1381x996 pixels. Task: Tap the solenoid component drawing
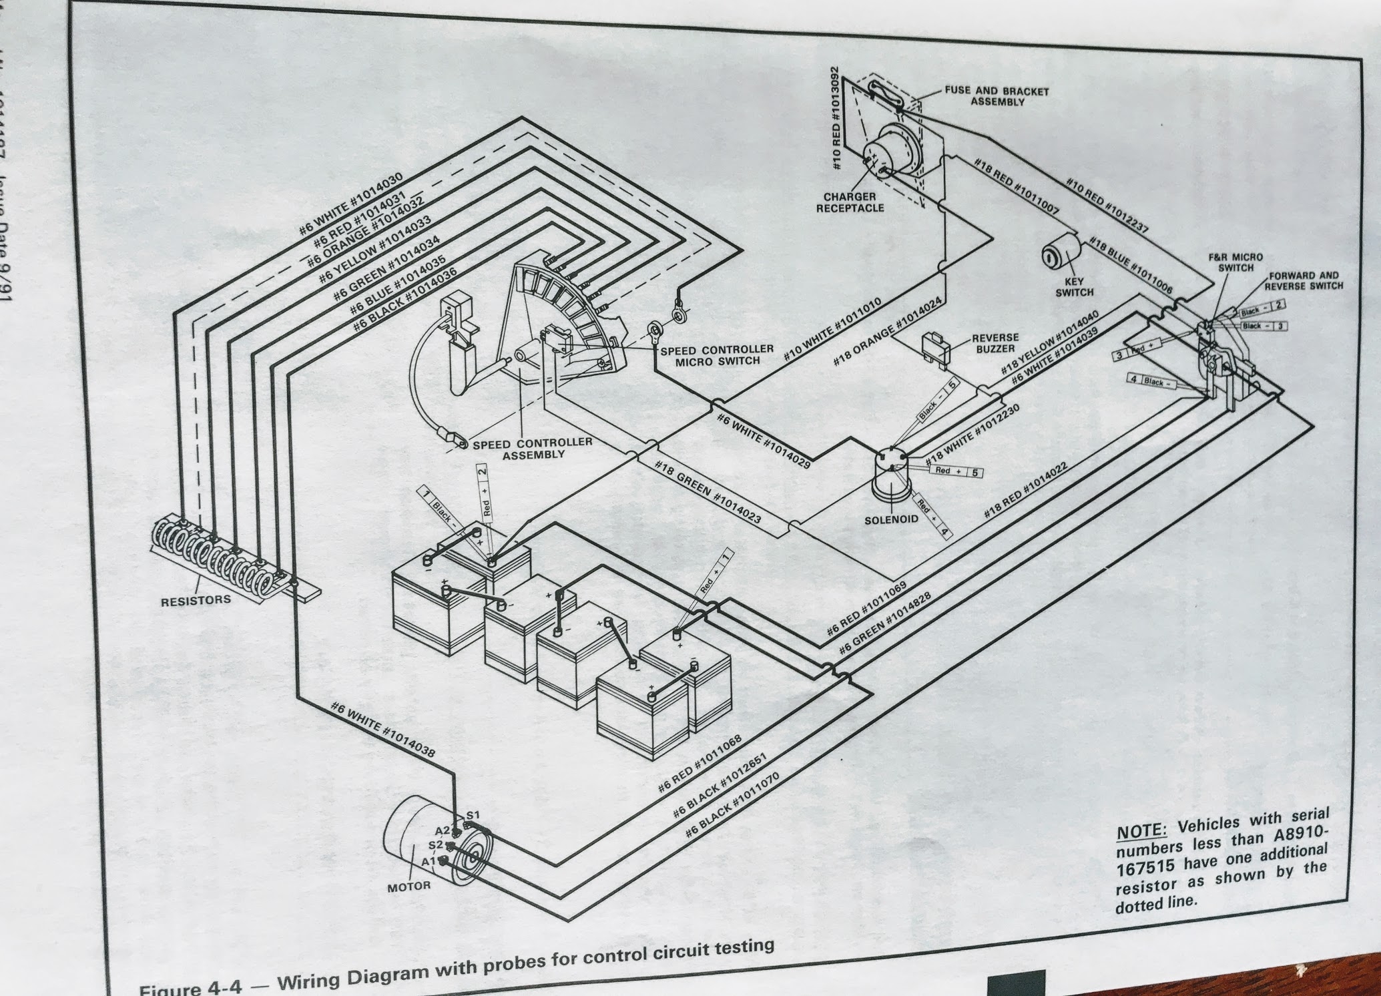click(892, 477)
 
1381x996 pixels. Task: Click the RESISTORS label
click(196, 600)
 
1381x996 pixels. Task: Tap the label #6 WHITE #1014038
click(382, 730)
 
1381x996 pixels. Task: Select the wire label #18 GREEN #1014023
click(708, 491)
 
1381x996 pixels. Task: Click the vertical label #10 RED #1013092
click(836, 117)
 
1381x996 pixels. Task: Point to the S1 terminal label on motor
click(473, 814)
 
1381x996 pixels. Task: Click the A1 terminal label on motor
click(429, 861)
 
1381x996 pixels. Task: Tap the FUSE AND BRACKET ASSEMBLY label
click(997, 96)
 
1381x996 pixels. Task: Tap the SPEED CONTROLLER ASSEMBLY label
click(533, 449)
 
